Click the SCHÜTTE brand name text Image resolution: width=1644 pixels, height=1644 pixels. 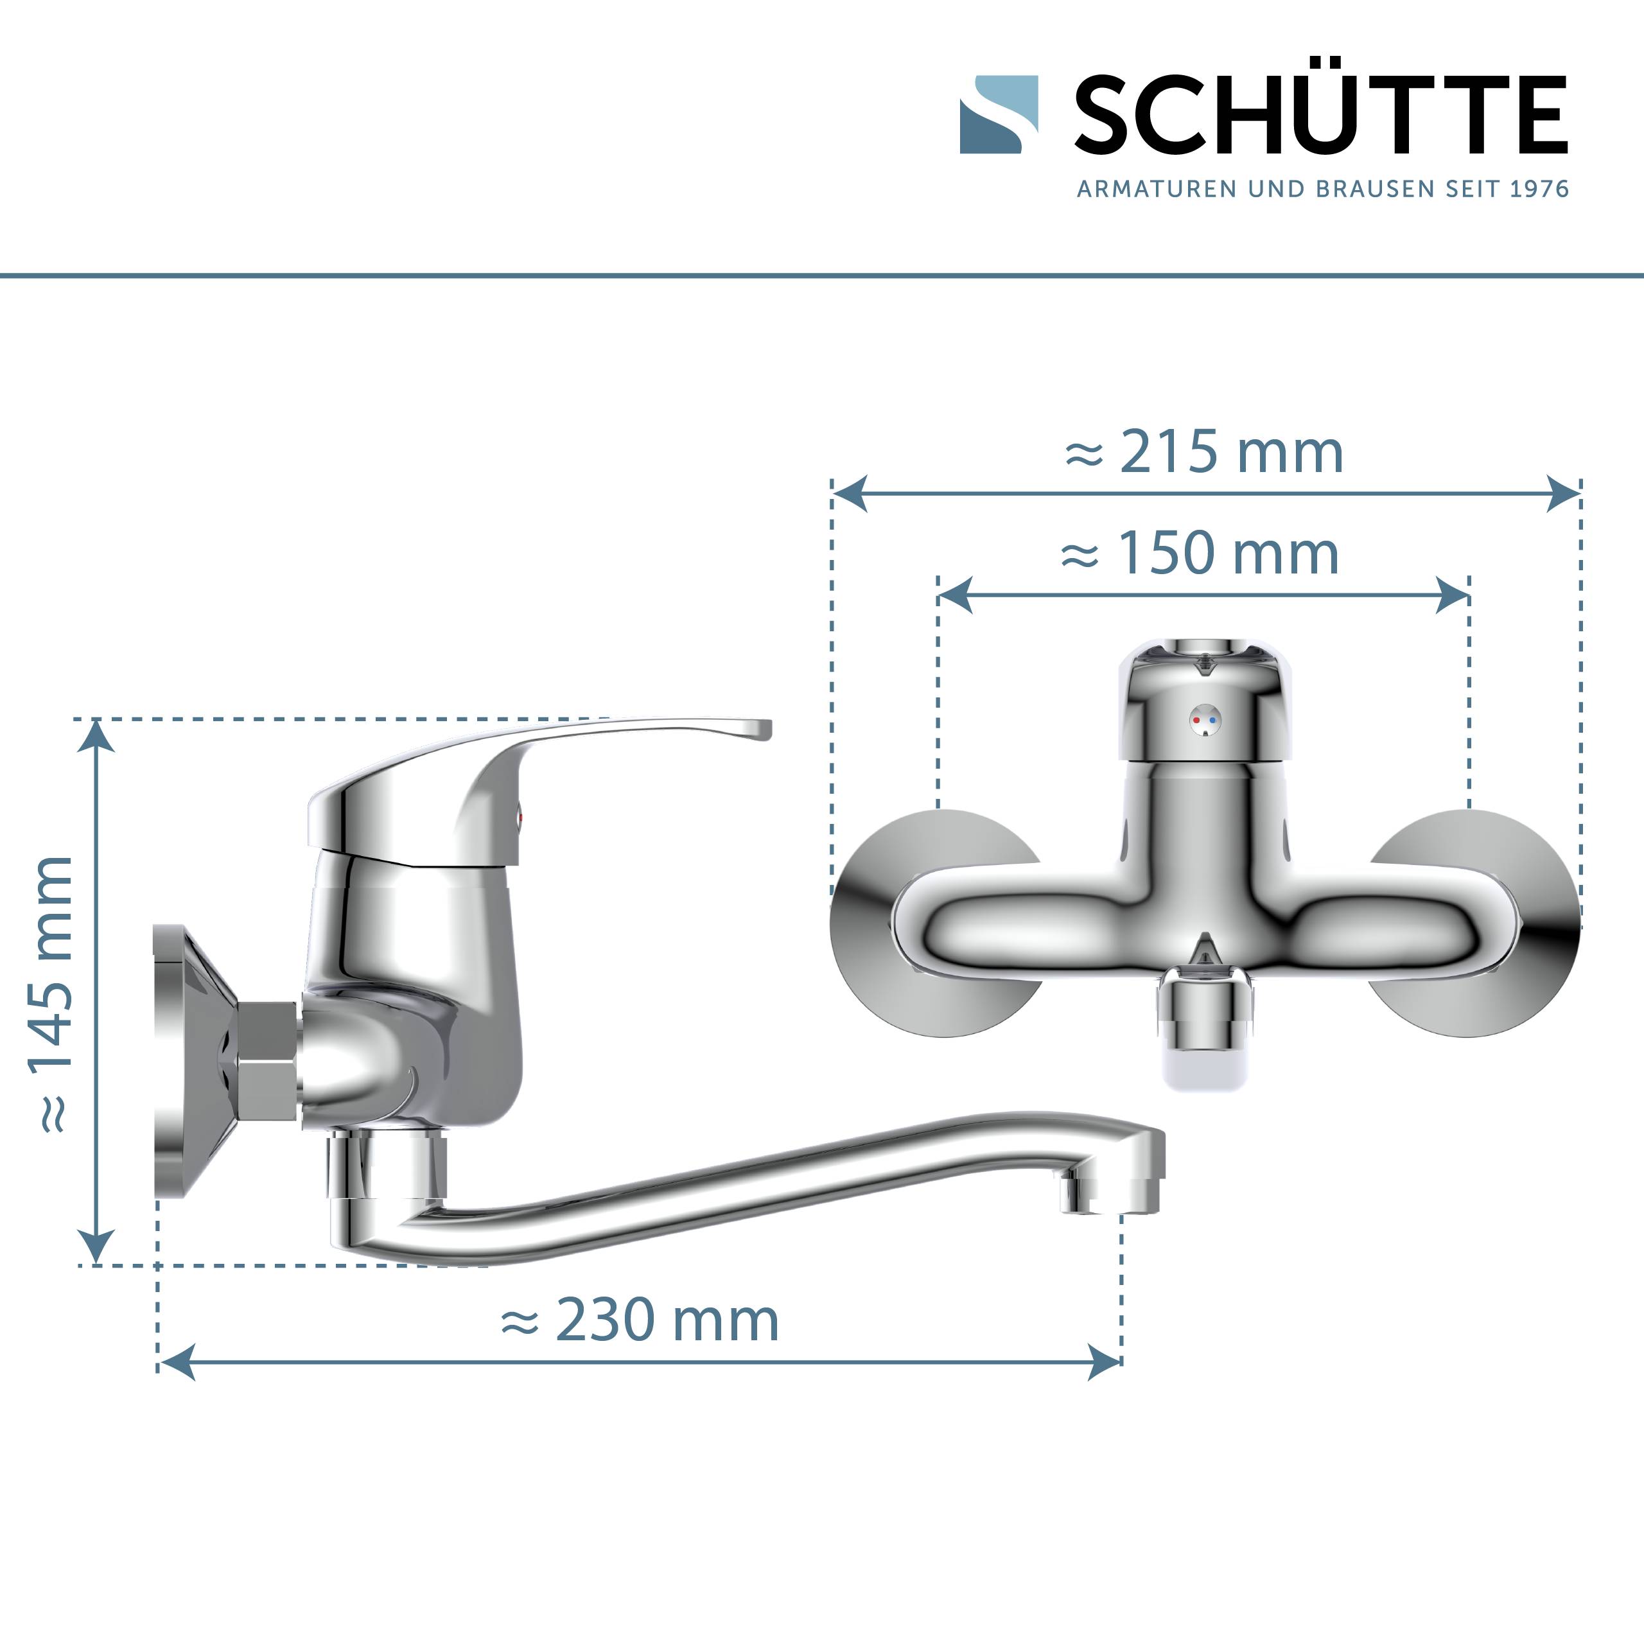point(1320,115)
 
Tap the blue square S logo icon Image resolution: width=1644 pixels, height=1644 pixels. point(998,115)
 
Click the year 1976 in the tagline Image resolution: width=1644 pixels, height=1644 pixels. point(1539,189)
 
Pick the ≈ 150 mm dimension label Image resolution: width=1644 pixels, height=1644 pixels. point(1200,554)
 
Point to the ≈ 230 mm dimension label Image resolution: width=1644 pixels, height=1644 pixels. point(639,1320)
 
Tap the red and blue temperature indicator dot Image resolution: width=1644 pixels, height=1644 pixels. point(1204,720)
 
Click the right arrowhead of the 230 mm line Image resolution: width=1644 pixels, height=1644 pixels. point(1105,1362)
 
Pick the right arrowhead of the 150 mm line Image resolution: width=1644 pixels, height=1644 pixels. point(1453,595)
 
